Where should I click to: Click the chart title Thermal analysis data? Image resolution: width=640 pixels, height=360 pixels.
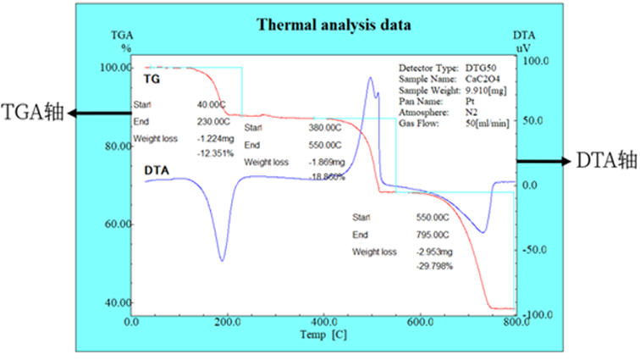pyautogui.click(x=334, y=25)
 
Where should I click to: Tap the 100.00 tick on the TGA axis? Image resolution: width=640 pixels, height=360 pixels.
pyautogui.click(x=114, y=68)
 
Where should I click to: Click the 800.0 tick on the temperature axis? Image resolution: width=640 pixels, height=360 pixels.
pyautogui.click(x=513, y=322)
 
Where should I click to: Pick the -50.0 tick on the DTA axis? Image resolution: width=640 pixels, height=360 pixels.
pyautogui.click(x=537, y=251)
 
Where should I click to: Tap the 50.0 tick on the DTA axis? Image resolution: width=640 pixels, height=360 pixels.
pyautogui.click(x=537, y=120)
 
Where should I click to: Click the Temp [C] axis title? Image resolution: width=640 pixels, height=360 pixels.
pyautogui.click(x=323, y=335)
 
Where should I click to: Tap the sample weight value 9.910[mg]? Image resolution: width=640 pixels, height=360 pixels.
pyautogui.click(x=487, y=90)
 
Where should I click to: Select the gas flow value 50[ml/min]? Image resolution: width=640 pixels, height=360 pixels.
pyautogui.click(x=487, y=123)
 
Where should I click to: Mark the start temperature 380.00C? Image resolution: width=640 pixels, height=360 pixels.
pyautogui.click(x=324, y=127)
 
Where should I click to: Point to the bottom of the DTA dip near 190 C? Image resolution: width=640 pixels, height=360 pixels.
pyautogui.click(x=223, y=260)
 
